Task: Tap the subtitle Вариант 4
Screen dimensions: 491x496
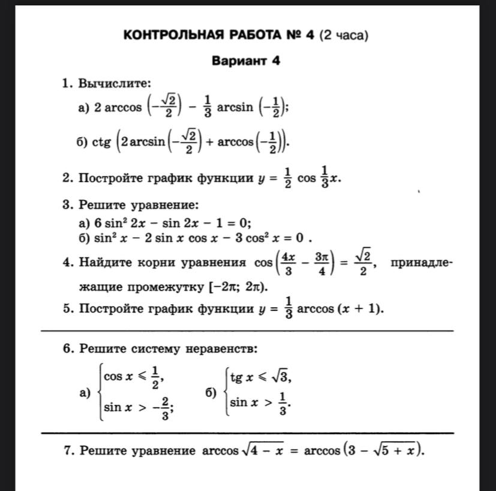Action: pyautogui.click(x=246, y=61)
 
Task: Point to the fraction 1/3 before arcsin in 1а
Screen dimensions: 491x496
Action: pyautogui.click(x=207, y=108)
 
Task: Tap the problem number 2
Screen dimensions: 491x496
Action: pyautogui.click(x=67, y=178)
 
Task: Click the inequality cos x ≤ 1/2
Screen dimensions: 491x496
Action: pyautogui.click(x=134, y=377)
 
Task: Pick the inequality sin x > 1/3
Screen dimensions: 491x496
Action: pyautogui.click(x=261, y=404)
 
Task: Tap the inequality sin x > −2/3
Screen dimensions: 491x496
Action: pyautogui.click(x=138, y=408)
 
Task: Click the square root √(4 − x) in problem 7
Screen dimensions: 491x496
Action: pyautogui.click(x=261, y=450)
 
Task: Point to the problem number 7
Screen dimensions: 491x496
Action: pyautogui.click(x=67, y=450)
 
